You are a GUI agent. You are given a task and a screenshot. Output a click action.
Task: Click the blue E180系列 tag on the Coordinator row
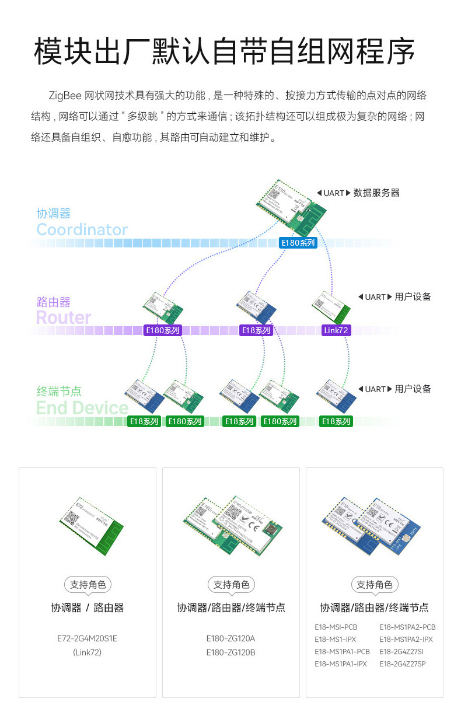(x=298, y=243)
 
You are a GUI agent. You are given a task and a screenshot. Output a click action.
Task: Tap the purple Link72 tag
(x=337, y=330)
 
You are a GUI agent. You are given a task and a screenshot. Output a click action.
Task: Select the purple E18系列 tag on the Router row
(x=256, y=330)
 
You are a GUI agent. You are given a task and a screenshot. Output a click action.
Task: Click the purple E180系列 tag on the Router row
(x=163, y=330)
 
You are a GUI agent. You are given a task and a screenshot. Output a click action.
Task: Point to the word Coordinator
(x=82, y=229)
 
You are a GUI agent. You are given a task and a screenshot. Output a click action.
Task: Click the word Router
(x=64, y=317)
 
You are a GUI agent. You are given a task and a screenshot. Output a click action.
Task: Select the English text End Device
(x=82, y=407)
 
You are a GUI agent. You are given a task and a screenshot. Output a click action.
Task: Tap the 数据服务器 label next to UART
(x=376, y=193)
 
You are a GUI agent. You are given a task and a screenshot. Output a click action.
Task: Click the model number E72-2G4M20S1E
(x=87, y=638)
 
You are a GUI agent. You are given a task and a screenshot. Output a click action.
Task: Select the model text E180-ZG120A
(x=230, y=638)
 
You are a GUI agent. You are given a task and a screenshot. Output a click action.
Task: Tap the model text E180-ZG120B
(x=230, y=652)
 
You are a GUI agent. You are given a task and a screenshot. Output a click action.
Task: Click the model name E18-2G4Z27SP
(x=402, y=663)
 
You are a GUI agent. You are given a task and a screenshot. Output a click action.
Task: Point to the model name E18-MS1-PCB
(x=336, y=627)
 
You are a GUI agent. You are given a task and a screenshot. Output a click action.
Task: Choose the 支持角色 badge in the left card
(x=88, y=585)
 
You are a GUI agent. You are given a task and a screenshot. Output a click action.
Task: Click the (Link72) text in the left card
(x=87, y=652)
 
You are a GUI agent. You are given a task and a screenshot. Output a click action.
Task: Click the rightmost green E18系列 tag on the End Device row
(x=336, y=421)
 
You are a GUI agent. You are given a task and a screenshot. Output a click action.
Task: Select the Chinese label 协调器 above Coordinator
(x=53, y=214)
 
